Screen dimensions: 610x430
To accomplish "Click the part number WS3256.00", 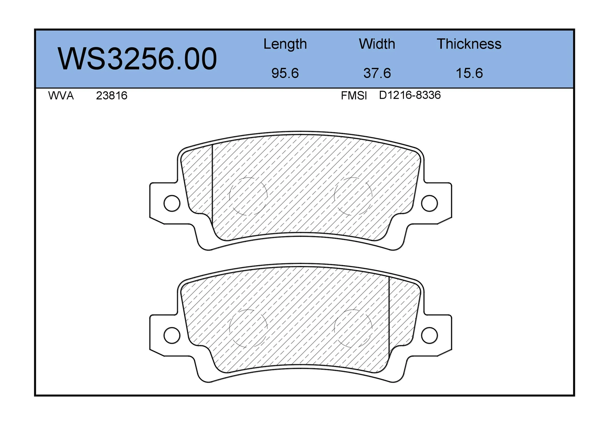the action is tap(137, 59).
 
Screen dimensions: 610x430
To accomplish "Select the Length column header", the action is tap(285, 44).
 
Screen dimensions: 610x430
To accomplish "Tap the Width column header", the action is tap(377, 44).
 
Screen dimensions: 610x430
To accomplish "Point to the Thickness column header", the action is tap(469, 44).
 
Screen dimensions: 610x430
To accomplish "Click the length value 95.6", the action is tap(285, 73).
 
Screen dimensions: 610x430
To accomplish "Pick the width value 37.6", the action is tap(377, 73).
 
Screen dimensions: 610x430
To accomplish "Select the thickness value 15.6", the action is tap(469, 73).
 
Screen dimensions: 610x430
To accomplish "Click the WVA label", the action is tap(61, 96).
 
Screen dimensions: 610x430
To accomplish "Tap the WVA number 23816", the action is tap(112, 96).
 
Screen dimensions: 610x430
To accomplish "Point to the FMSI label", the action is tap(354, 96).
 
